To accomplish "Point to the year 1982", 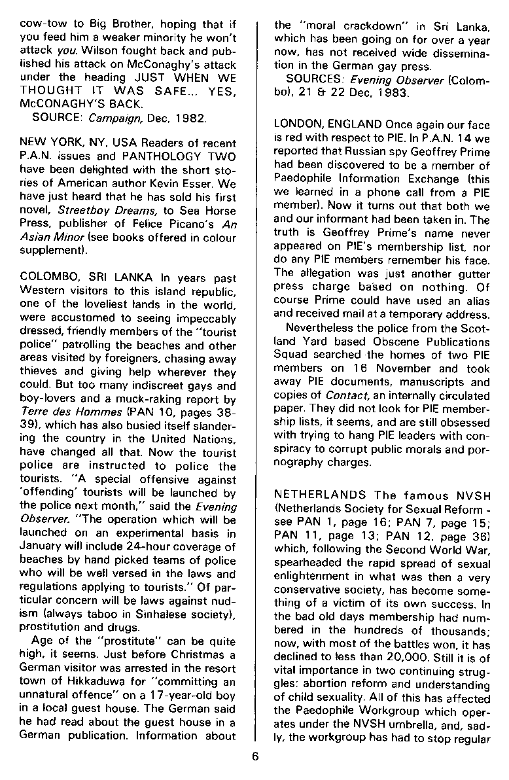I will (192, 119).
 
